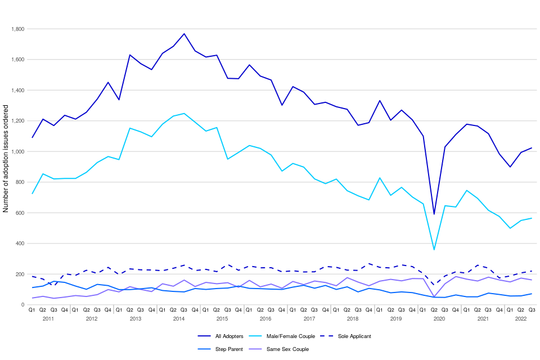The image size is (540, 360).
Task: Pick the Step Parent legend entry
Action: point(219,349)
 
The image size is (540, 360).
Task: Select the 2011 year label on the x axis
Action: point(48,319)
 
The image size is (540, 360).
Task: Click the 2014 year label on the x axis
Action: point(179,319)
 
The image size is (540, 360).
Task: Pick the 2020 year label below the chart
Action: point(439,319)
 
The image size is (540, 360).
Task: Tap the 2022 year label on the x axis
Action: point(521,319)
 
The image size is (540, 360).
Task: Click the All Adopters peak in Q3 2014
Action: point(184,34)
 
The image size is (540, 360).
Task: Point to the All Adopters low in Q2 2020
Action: point(434,214)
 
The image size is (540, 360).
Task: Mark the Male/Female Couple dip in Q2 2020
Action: point(434,249)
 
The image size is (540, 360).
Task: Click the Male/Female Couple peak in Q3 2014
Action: point(184,114)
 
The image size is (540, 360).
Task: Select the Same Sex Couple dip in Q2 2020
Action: point(434,296)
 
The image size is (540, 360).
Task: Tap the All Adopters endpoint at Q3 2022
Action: point(532,148)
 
